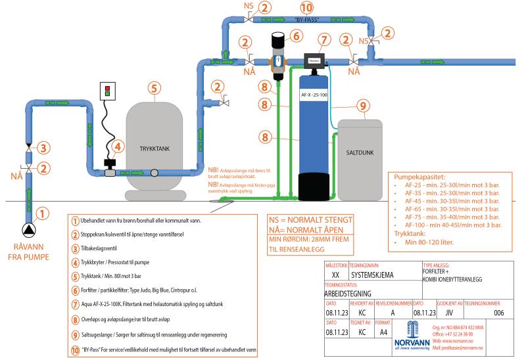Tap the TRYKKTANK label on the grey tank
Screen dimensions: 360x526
(x=154, y=150)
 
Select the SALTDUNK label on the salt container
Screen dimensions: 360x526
(x=359, y=152)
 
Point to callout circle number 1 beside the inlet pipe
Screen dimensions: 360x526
(x=41, y=213)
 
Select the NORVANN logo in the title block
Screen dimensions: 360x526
(x=413, y=334)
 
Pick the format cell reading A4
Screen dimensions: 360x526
(x=383, y=332)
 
